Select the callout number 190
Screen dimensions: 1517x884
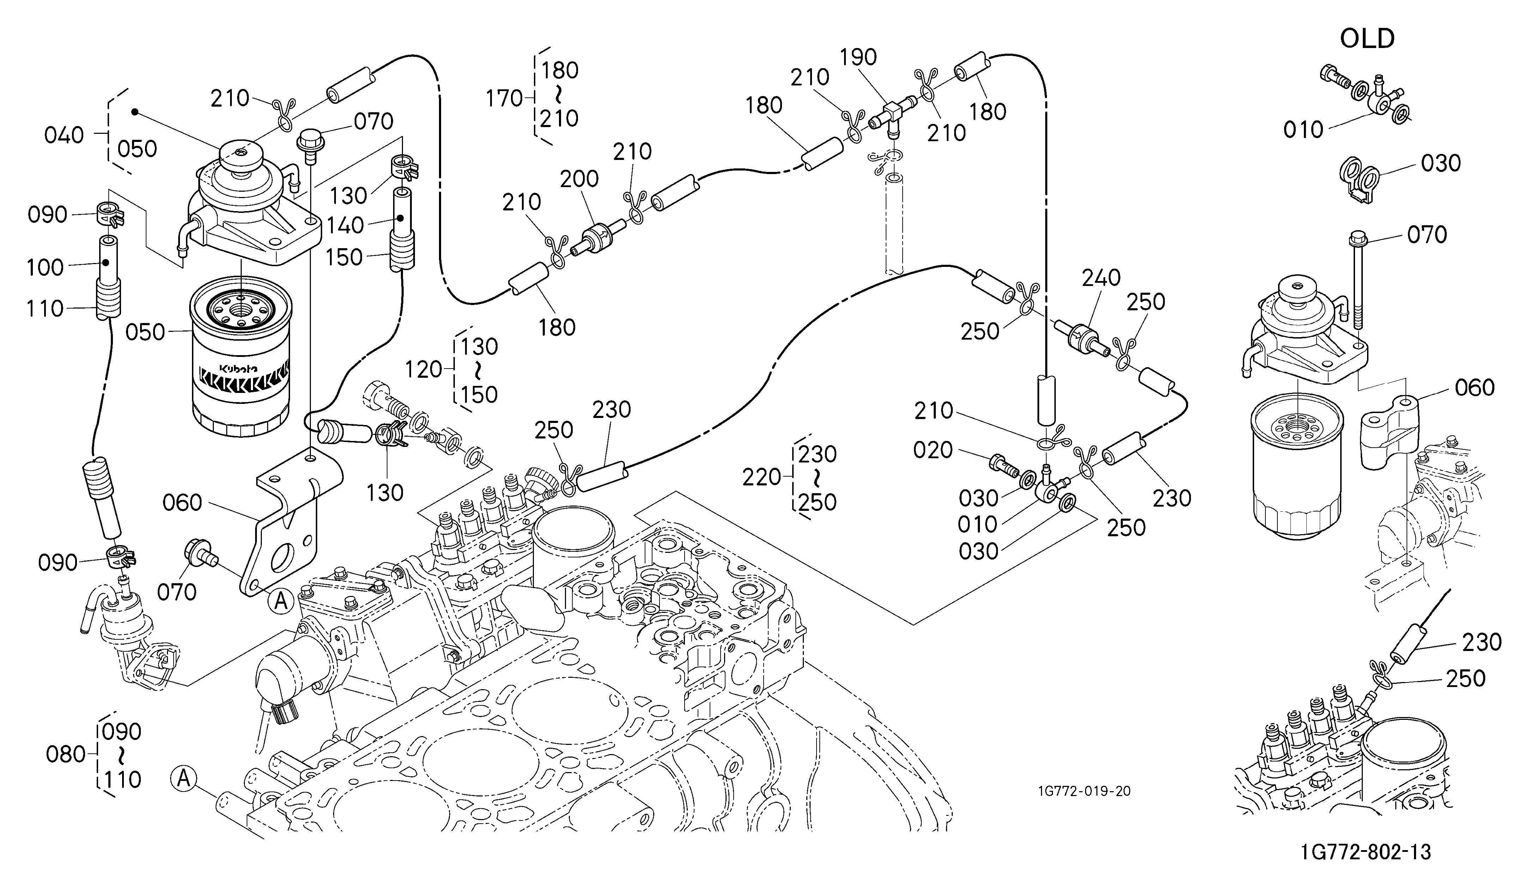[x=859, y=57]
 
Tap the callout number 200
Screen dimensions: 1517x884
[x=579, y=179]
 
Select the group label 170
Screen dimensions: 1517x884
[x=505, y=98]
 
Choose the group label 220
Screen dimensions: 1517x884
[x=761, y=478]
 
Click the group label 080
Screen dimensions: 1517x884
[x=66, y=754]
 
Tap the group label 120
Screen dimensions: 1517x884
[x=424, y=370]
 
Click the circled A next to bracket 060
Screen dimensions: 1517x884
[x=281, y=601]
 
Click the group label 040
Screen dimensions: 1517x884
[x=64, y=136]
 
